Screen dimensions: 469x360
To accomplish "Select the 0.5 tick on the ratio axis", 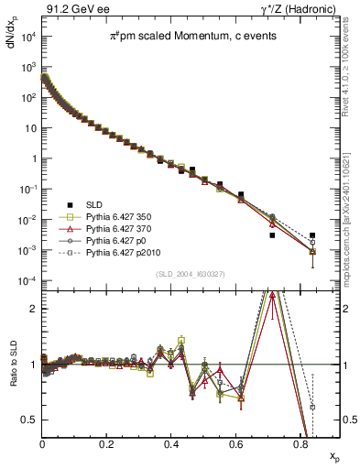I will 28,420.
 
